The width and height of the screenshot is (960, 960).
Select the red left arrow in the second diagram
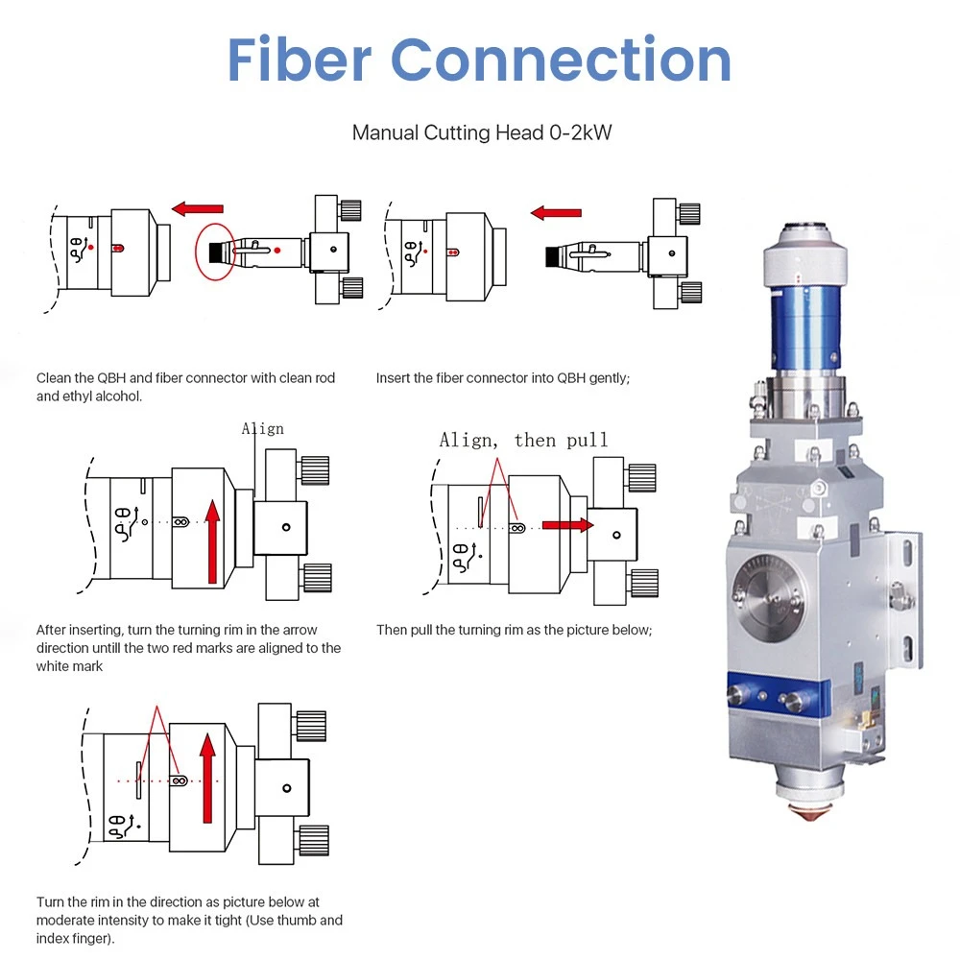coord(556,212)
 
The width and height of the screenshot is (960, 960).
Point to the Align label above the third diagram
coord(262,428)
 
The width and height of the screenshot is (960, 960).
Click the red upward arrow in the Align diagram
coord(212,542)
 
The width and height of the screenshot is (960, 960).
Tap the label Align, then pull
coord(523,440)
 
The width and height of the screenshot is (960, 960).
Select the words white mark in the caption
coord(69,665)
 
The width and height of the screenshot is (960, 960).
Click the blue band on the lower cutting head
coord(778,692)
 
